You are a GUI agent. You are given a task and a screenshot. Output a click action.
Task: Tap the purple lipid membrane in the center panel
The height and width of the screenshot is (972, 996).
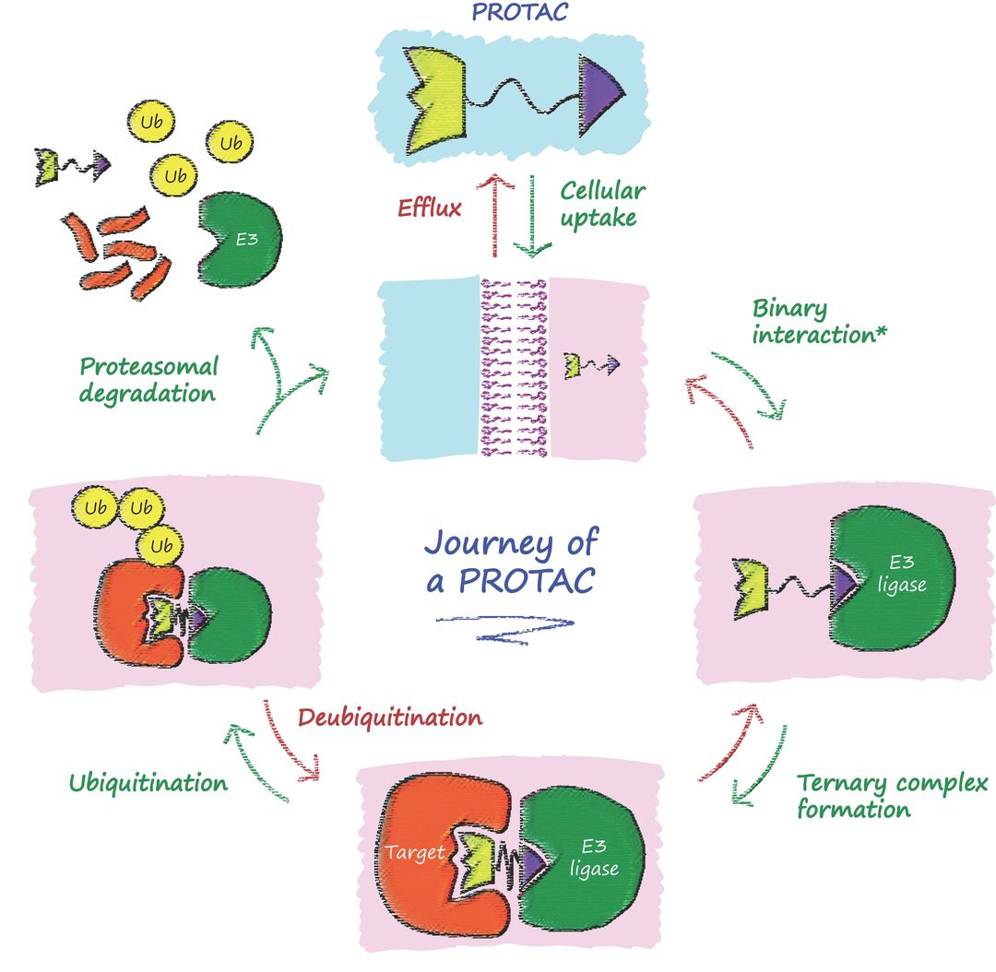(514, 369)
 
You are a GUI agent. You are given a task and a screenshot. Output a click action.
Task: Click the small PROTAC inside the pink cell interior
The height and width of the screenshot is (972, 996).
(591, 365)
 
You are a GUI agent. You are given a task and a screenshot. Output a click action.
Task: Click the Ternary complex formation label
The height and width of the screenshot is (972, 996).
(890, 797)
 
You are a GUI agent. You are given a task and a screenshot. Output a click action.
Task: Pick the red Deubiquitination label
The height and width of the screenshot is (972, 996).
(389, 717)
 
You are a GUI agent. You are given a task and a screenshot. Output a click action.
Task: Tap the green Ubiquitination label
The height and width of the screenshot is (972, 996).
(148, 783)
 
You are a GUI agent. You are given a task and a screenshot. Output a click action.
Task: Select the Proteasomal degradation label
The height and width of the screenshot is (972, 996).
(148, 380)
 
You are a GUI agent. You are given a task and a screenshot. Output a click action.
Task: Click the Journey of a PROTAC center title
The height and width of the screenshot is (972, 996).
(510, 561)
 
